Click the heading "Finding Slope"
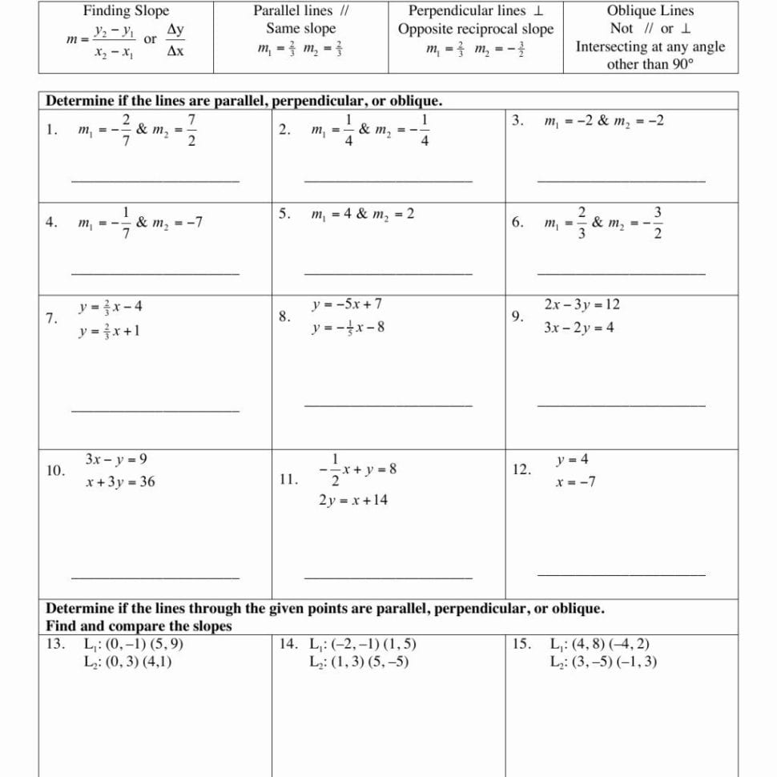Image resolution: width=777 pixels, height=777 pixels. [127, 11]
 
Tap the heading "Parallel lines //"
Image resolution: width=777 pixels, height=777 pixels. [300, 11]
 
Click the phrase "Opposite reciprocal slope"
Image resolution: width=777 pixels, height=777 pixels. [476, 29]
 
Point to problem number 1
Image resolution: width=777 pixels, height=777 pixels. [51, 130]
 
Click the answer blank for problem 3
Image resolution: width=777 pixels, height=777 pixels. [622, 181]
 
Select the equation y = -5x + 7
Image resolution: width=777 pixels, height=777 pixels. [347, 304]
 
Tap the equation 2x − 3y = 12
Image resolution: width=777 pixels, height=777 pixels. [581, 304]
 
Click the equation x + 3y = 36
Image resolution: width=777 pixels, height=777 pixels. [120, 482]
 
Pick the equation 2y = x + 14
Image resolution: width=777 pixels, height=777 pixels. [352, 500]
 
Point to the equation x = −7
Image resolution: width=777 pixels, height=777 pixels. [576, 482]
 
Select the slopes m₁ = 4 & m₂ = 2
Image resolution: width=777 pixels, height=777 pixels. [363, 214]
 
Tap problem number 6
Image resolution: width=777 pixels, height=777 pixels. [518, 223]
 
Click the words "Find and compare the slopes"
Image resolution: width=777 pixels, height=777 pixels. [139, 626]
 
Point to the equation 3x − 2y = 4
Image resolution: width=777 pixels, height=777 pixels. [578, 328]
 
